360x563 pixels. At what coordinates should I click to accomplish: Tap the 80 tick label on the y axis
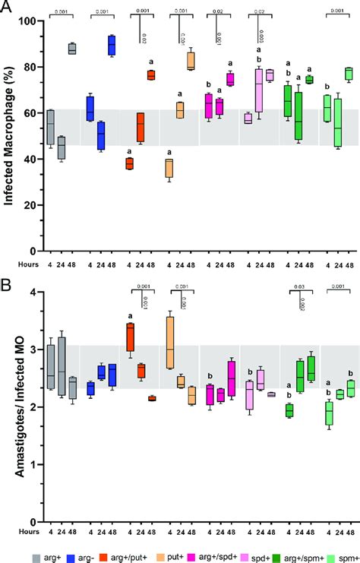(x=30, y=67)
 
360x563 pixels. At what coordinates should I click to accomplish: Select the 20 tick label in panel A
(x=30, y=205)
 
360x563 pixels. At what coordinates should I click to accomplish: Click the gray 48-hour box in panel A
(x=72, y=49)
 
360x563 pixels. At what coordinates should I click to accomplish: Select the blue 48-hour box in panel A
(x=112, y=46)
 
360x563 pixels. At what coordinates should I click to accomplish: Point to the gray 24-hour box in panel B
(x=62, y=354)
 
